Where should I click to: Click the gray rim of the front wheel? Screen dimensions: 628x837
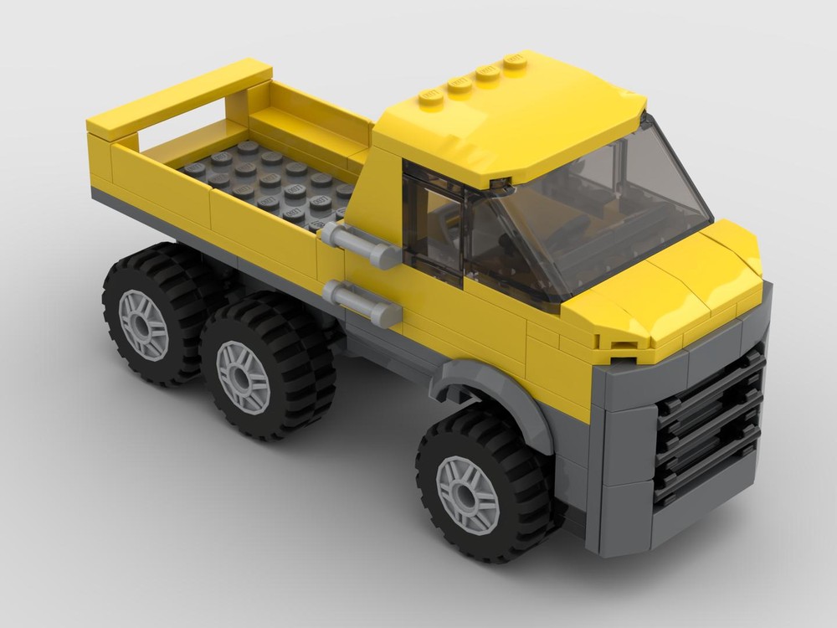[467, 493]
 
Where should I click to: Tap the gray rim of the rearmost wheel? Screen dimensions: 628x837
[143, 324]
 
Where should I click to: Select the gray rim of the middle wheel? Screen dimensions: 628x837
[243, 377]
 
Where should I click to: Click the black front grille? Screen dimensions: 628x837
[711, 427]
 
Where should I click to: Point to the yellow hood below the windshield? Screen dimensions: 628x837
[670, 293]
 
